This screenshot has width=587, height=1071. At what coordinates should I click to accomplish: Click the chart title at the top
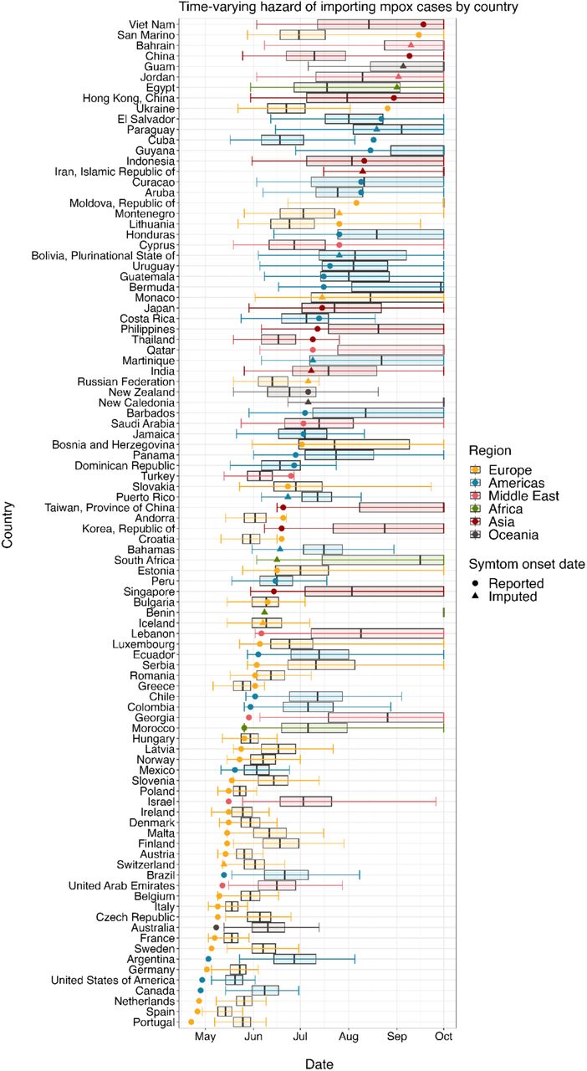pos(349,8)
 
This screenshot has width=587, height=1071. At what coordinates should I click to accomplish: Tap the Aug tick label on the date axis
pos(349,1036)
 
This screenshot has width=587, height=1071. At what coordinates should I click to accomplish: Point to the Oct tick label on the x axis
pos(444,1036)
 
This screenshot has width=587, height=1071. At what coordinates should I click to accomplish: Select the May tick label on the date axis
pos(205,1037)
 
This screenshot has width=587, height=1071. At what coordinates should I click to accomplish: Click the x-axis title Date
pos(319,1063)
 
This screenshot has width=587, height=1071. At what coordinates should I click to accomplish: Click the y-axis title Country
pos(8,525)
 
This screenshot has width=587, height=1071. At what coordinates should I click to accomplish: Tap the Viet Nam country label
pos(151,24)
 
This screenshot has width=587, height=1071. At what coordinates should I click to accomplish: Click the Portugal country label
pos(154,1022)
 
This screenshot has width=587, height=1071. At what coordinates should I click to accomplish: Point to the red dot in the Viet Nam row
pos(423,24)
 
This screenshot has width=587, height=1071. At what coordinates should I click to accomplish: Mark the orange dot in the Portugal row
pos(191,1022)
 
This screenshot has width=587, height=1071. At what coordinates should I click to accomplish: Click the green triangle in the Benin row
pos(265,612)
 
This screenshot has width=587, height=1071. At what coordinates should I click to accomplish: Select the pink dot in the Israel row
pos(228,802)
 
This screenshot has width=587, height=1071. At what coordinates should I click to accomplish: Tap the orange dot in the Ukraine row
pos(387,109)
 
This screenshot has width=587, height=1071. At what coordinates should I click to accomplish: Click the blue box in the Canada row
pos(265,990)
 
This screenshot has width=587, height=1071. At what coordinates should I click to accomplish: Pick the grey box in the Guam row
pos(407,66)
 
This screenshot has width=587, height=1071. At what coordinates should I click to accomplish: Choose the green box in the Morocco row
pos(314,728)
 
